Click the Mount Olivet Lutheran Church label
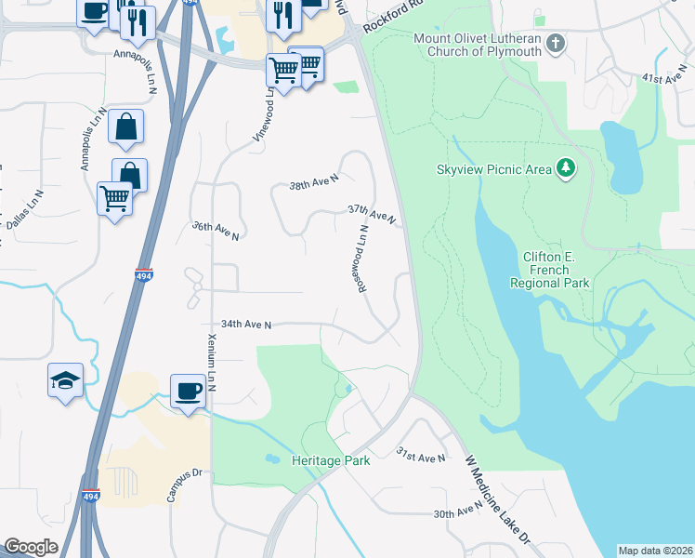[x=477, y=45]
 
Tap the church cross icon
[x=556, y=44]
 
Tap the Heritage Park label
[x=331, y=460]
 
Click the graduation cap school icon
[x=66, y=379]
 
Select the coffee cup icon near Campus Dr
[x=188, y=390]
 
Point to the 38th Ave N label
[x=314, y=186]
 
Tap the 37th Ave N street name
[x=372, y=215]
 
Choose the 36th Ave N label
[x=216, y=231]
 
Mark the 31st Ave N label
[x=421, y=458]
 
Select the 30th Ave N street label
[x=458, y=511]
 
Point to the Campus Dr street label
[x=184, y=485]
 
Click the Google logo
[x=31, y=547]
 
